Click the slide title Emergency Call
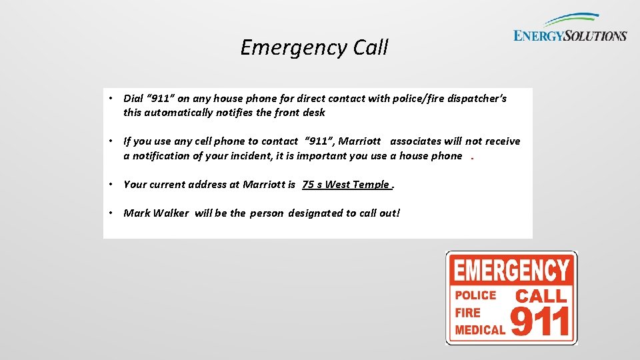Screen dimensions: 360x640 tap(314, 48)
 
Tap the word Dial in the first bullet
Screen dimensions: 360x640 tap(133, 99)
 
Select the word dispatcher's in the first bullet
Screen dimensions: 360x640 tap(476, 99)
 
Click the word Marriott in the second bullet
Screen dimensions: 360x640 tap(360, 141)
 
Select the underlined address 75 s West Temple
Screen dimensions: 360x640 tap(345, 185)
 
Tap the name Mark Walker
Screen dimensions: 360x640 tap(156, 213)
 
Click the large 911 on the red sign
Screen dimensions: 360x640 tap(540, 321)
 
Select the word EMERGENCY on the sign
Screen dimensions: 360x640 tap(511, 271)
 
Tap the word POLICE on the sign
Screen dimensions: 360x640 tap(475, 295)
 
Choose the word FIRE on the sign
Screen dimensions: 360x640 tap(468, 312)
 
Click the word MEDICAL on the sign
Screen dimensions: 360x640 tap(480, 329)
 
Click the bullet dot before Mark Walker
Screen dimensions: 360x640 tap(114, 213)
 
